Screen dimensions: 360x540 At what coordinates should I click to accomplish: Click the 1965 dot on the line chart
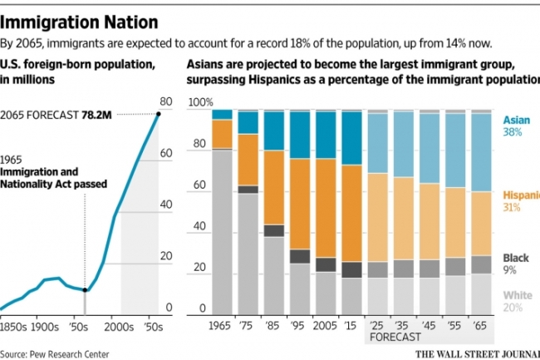pyautogui.click(x=86, y=289)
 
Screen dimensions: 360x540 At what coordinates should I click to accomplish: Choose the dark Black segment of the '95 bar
pyautogui.click(x=300, y=255)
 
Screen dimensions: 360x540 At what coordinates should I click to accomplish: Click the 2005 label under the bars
pyautogui.click(x=326, y=326)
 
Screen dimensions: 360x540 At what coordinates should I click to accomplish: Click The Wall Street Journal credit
pyautogui.click(x=474, y=352)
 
